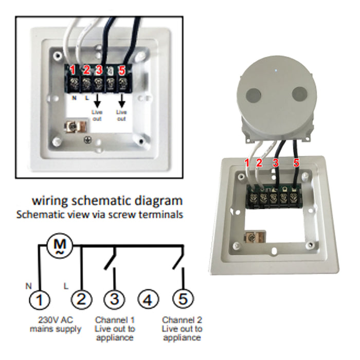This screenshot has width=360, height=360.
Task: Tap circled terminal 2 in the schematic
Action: [81, 299]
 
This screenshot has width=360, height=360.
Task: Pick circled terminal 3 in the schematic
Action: [114, 299]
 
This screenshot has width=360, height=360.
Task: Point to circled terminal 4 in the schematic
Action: [148, 299]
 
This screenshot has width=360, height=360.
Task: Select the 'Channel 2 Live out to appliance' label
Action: [182, 329]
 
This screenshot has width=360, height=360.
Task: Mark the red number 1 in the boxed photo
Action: [74, 69]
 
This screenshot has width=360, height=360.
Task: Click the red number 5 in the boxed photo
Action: [122, 69]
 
